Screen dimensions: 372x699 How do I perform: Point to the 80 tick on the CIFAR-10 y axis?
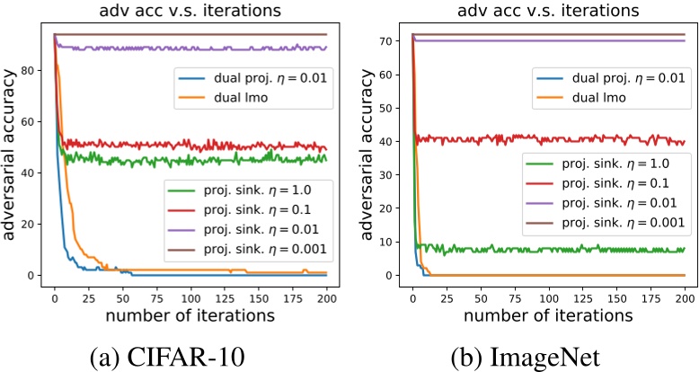click(x=33, y=70)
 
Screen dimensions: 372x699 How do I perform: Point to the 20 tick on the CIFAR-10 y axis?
click(x=33, y=224)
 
